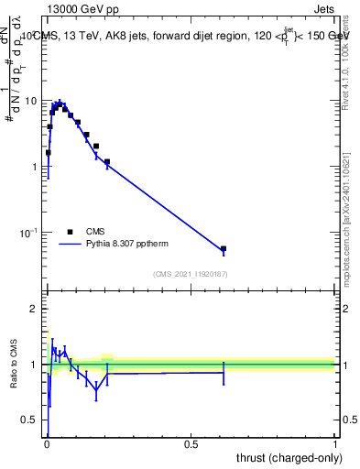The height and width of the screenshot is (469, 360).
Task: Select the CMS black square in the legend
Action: pyautogui.click(x=70, y=233)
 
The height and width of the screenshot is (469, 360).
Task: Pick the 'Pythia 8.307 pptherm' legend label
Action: pyautogui.click(x=127, y=245)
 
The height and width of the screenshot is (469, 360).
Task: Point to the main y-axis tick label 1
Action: pyautogui.click(x=35, y=167)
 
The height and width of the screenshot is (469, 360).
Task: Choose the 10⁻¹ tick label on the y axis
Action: pyautogui.click(x=29, y=234)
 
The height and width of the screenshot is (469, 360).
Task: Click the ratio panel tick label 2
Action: pyautogui.click(x=35, y=309)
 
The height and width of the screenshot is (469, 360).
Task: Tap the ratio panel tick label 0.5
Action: pyautogui.click(x=30, y=420)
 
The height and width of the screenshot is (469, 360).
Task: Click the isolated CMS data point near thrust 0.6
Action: pyautogui.click(x=224, y=248)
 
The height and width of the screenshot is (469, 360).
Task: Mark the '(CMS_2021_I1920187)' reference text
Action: pyautogui.click(x=191, y=274)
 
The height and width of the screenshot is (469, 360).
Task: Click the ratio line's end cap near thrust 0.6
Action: pyautogui.click(x=224, y=372)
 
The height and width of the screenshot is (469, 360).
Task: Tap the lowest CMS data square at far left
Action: pyautogui.click(x=48, y=153)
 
